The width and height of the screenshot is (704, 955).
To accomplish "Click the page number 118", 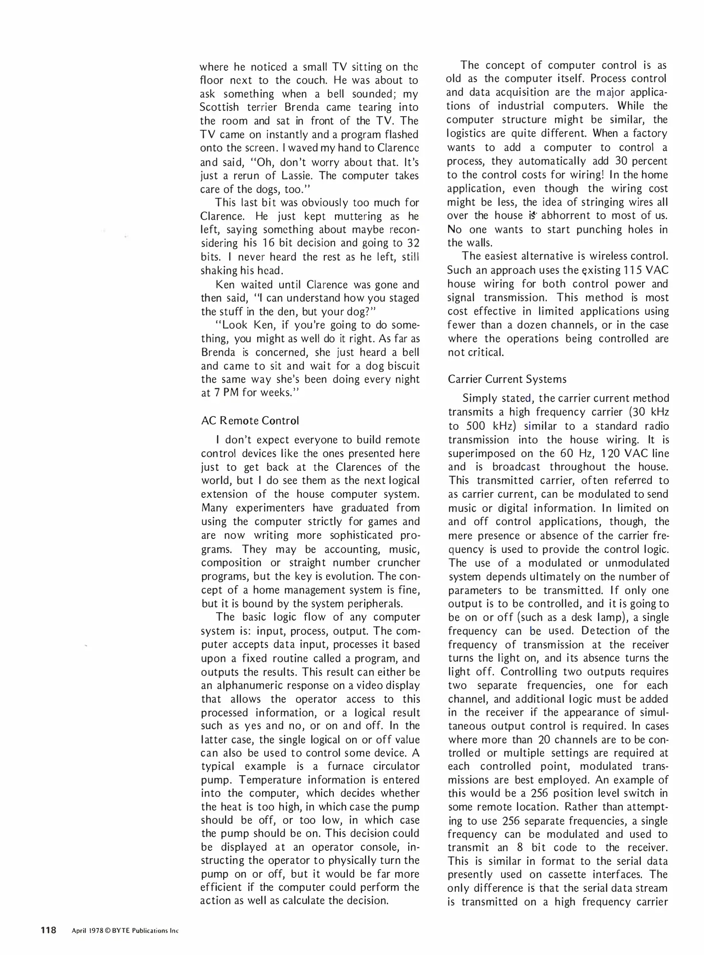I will click(48, 930).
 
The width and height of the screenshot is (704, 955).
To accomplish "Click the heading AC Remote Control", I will click(250, 420).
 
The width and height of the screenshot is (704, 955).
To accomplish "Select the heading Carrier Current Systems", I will click(507, 379).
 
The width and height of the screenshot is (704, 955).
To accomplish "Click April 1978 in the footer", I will click(87, 931).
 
